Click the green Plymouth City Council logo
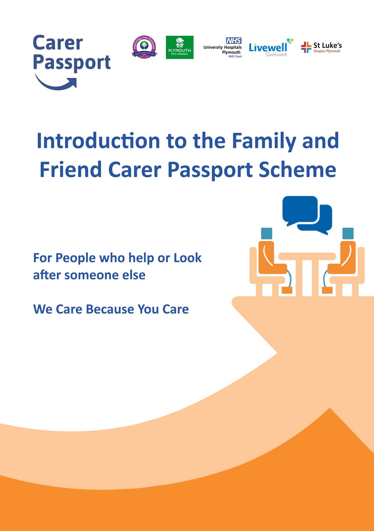tap(179, 47)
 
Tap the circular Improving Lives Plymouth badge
tap(144, 47)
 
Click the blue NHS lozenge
tap(234, 40)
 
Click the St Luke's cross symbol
tap(306, 47)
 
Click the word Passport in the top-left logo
tap(72, 63)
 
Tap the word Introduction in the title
tap(98, 141)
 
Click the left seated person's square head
tap(266, 233)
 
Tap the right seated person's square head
tap(348, 233)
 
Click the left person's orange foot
tap(287, 290)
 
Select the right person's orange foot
tap(327, 290)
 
